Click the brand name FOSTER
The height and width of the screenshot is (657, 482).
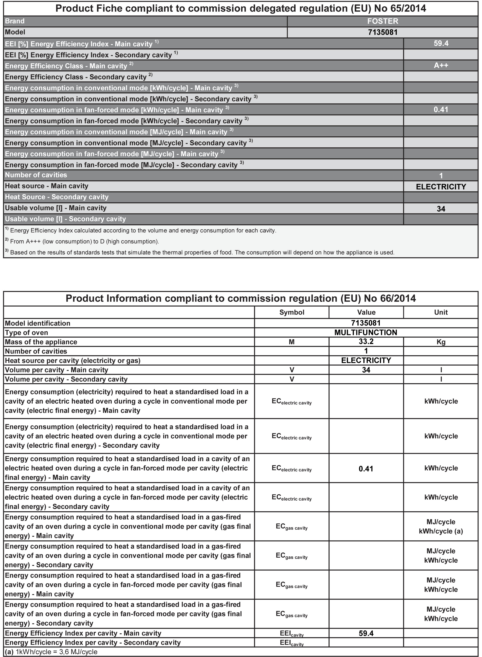coord(382,21)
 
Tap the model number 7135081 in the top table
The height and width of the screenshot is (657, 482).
coord(382,32)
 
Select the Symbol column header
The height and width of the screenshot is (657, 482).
coord(291,312)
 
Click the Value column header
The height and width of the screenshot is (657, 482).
coord(366,312)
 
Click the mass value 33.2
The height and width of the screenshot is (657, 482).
coord(366,341)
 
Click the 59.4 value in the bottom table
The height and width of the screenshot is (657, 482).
coord(366,633)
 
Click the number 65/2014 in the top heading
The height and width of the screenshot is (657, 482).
coord(408,8)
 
